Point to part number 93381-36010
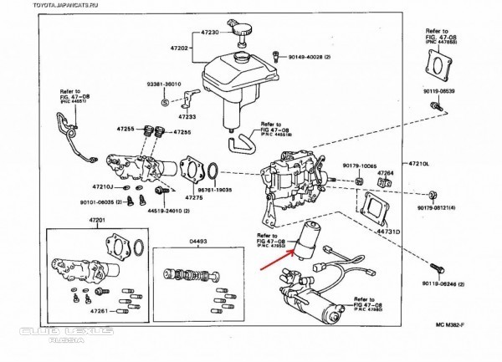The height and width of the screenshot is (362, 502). pyautogui.click(x=163, y=84)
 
